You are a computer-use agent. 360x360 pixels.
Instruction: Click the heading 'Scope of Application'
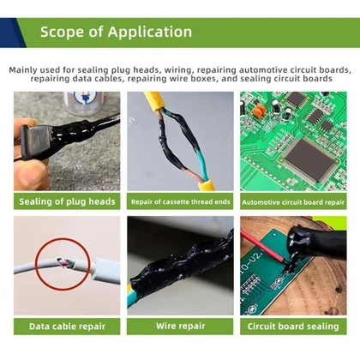point(116,32)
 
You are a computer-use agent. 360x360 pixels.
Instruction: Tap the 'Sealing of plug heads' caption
point(67,201)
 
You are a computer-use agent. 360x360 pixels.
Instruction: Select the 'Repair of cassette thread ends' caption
point(180,202)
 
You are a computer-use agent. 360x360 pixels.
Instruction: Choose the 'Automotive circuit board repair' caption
point(293,202)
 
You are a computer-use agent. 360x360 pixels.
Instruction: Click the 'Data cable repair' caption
point(67,327)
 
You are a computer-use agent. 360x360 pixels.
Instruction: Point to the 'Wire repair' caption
point(180,326)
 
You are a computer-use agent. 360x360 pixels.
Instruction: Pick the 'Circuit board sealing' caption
point(293,327)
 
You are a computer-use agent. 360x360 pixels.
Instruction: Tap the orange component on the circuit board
point(260,110)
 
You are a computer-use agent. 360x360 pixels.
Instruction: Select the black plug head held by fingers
point(36,142)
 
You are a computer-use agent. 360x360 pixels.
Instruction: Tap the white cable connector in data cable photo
point(105,270)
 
